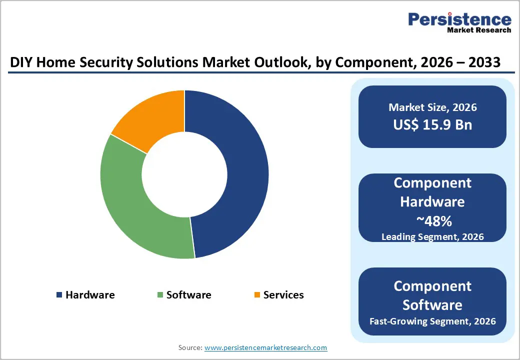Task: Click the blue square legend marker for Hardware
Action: pyautogui.click(x=59, y=295)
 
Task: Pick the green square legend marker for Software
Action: pyautogui.click(x=160, y=295)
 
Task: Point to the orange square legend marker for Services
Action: pyautogui.click(x=257, y=295)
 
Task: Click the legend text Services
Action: pyautogui.click(x=283, y=295)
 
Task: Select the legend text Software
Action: pyautogui.click(x=188, y=295)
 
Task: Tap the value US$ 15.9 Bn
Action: pyautogui.click(x=432, y=124)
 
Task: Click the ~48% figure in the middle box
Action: pyautogui.click(x=432, y=220)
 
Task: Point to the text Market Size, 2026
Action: pyautogui.click(x=432, y=107)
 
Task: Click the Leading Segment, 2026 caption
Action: pyautogui.click(x=432, y=236)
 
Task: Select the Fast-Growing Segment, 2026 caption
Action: pyautogui.click(x=432, y=321)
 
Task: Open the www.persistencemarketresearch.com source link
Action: pyautogui.click(x=265, y=347)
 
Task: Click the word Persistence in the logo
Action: pyautogui.click(x=459, y=19)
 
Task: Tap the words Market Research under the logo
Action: pyautogui.click(x=479, y=30)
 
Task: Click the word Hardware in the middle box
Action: pyautogui.click(x=432, y=201)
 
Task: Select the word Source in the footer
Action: pyautogui.click(x=189, y=347)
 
